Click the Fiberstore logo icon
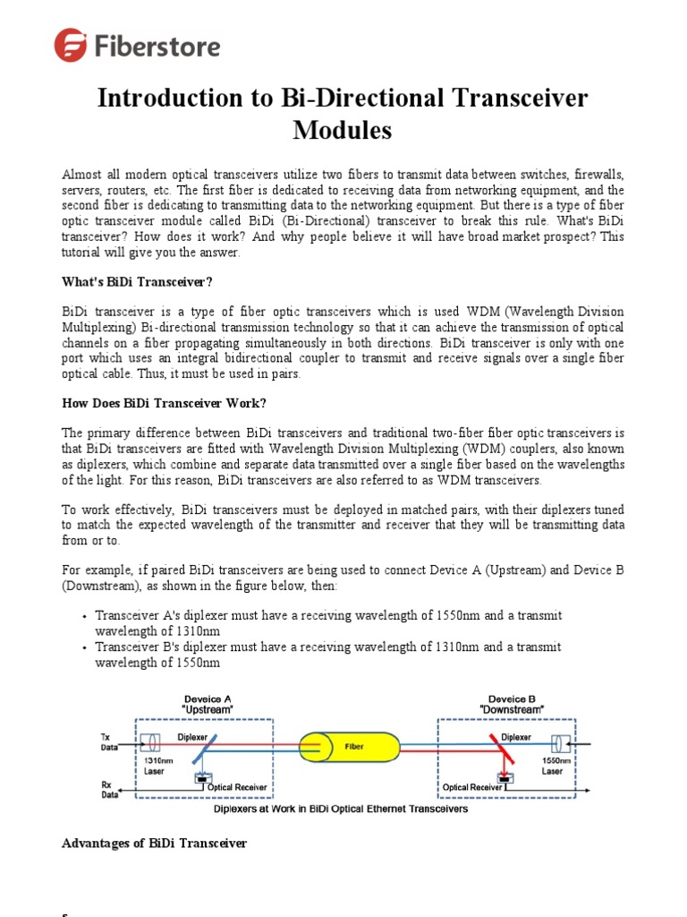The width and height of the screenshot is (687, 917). tap(71, 45)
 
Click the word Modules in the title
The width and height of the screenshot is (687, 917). tap(343, 130)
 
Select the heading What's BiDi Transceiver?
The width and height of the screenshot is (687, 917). tap(137, 282)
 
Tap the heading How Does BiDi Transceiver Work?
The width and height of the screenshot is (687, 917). tap(164, 402)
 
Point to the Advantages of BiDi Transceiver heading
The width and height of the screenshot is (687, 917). tap(154, 843)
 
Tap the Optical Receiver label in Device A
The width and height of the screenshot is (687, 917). tap(236, 787)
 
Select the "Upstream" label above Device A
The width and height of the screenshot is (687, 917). tap(208, 709)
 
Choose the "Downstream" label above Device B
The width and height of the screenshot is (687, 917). tap(513, 709)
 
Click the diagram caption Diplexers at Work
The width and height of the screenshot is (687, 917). tap(340, 809)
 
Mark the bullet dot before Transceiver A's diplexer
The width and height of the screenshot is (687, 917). tap(83, 617)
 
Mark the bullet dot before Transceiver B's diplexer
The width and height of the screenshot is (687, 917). tap(83, 647)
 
